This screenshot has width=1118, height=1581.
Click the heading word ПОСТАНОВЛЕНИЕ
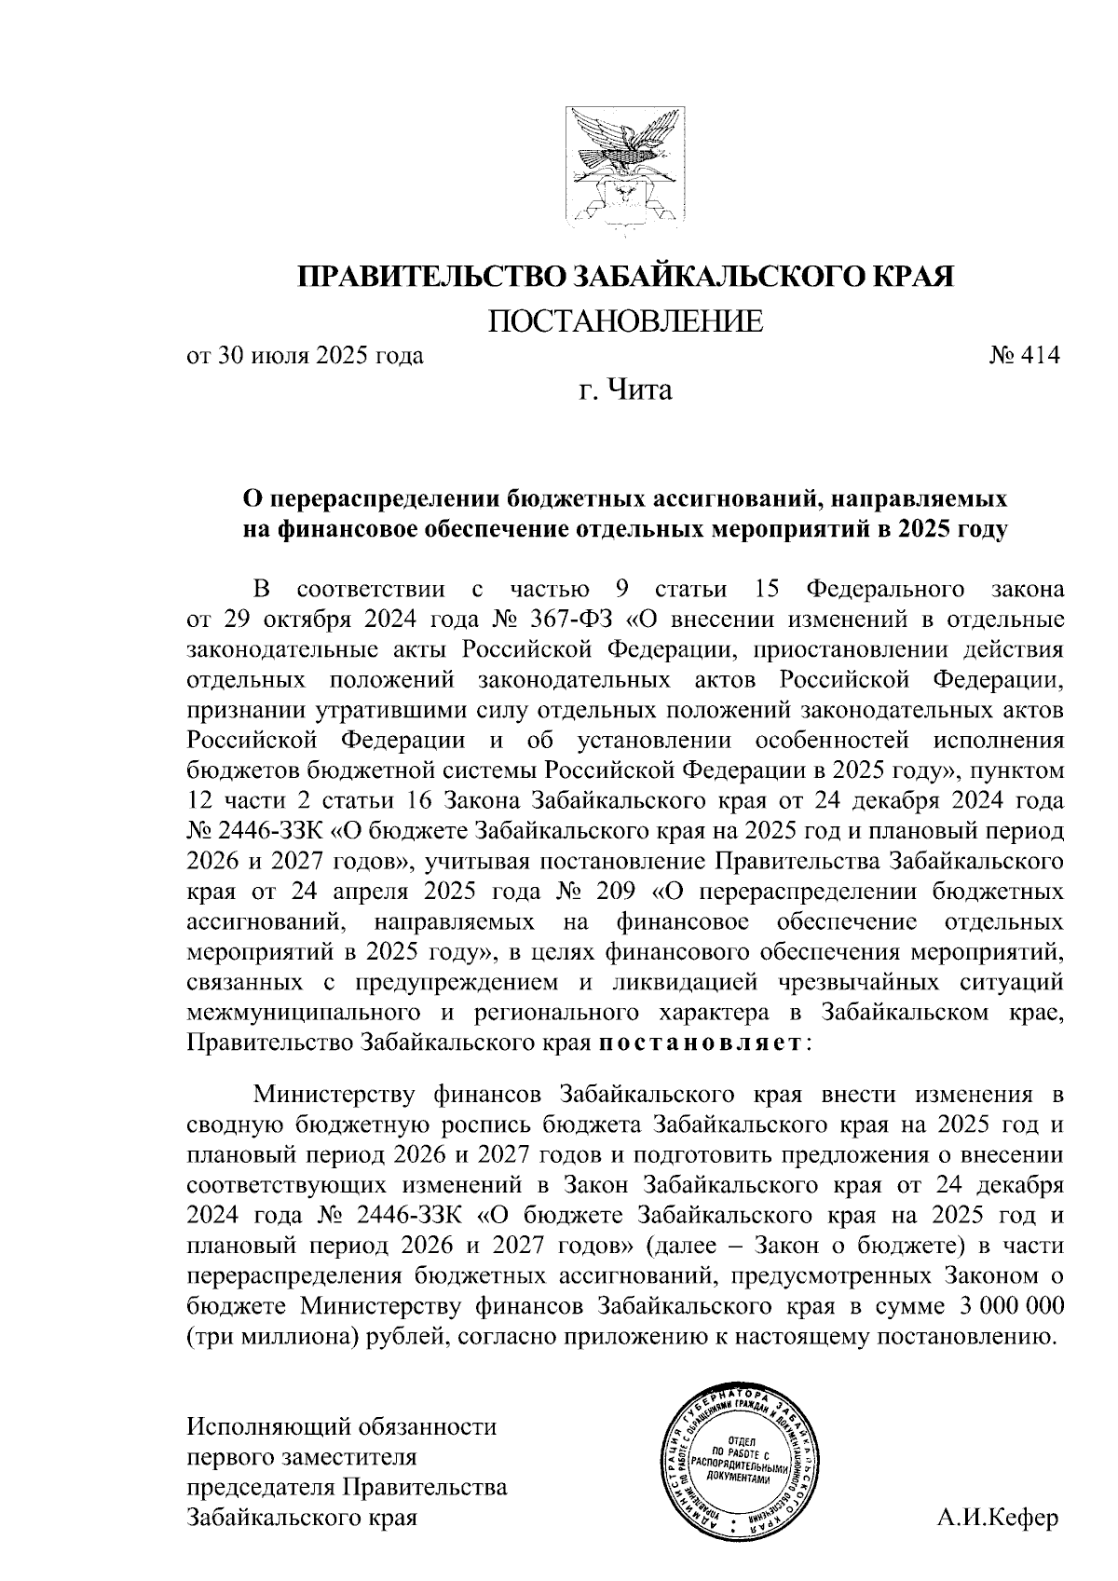click(x=625, y=321)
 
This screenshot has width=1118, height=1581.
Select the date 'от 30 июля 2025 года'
click(x=306, y=356)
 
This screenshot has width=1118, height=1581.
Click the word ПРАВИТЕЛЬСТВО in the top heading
click(x=430, y=277)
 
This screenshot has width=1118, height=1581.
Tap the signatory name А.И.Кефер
click(x=999, y=1516)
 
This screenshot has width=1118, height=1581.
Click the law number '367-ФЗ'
click(x=577, y=620)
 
